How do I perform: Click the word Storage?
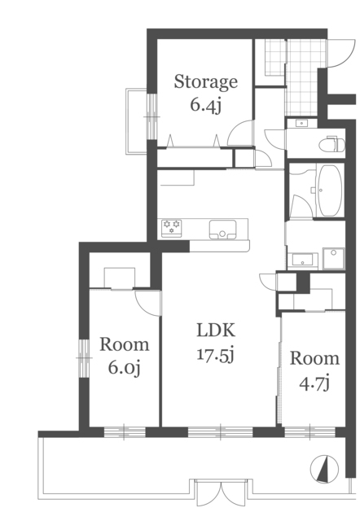click(206, 81)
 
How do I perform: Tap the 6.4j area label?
click(206, 105)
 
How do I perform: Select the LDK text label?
click(216, 330)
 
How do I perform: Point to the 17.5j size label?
click(216, 355)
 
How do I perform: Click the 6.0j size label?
click(125, 368)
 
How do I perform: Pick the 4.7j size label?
click(314, 383)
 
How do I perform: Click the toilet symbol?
click(331, 144)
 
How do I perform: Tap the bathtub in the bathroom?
click(330, 190)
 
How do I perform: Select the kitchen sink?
click(222, 230)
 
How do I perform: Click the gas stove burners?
click(172, 228)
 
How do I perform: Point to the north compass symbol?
click(324, 469)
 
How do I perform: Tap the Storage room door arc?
click(240, 133)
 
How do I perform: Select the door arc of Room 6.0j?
click(148, 303)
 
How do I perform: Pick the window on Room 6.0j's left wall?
click(84, 358)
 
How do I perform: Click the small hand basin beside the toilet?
click(301, 123)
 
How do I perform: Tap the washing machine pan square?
click(333, 258)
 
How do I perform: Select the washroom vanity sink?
click(302, 260)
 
